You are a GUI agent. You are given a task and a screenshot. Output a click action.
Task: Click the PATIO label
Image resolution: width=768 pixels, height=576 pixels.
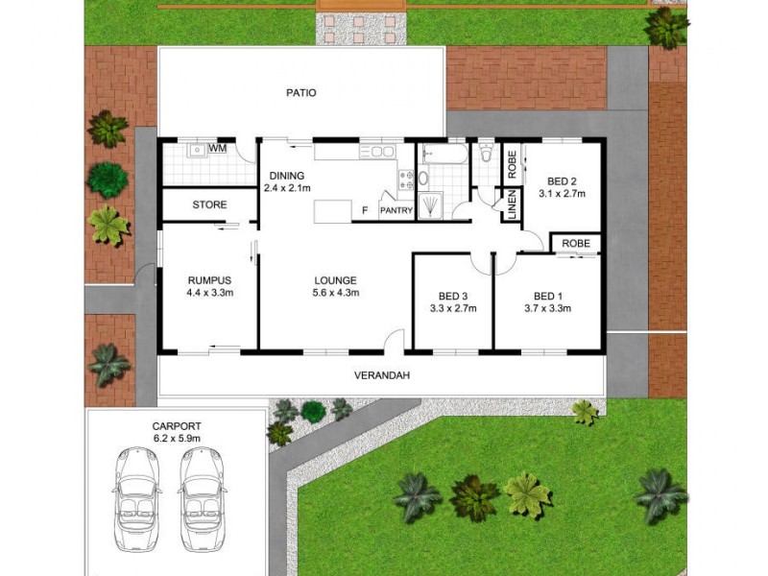(301, 93)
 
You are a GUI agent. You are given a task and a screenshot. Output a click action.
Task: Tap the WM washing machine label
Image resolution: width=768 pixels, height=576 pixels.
(218, 149)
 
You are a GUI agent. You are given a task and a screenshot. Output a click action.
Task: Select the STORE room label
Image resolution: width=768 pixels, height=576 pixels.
(208, 204)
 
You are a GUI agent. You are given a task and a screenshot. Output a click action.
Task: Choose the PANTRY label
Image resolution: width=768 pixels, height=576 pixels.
(396, 210)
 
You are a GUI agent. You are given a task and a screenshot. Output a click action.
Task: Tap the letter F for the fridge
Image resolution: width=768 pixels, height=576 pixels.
(364, 209)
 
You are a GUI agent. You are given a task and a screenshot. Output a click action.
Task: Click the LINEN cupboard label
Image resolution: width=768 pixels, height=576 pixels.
(513, 206)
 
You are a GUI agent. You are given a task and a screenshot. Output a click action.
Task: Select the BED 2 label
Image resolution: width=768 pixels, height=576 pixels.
(563, 180)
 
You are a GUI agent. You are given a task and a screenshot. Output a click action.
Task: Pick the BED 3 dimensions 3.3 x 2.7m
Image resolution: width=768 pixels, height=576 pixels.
(451, 308)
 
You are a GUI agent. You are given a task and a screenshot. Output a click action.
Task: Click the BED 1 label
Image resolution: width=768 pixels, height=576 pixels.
(548, 295)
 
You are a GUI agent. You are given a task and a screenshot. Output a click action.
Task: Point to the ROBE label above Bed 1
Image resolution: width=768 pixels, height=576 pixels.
(576, 243)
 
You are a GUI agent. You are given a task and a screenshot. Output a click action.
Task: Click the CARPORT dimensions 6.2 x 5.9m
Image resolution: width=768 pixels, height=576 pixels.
(176, 438)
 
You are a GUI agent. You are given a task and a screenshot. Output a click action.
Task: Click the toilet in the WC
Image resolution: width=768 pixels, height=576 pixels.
(486, 152)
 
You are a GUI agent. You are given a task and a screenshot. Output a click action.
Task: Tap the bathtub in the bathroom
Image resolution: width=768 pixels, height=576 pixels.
(444, 154)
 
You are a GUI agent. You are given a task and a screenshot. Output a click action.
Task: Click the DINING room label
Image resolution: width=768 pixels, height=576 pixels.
(287, 176)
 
